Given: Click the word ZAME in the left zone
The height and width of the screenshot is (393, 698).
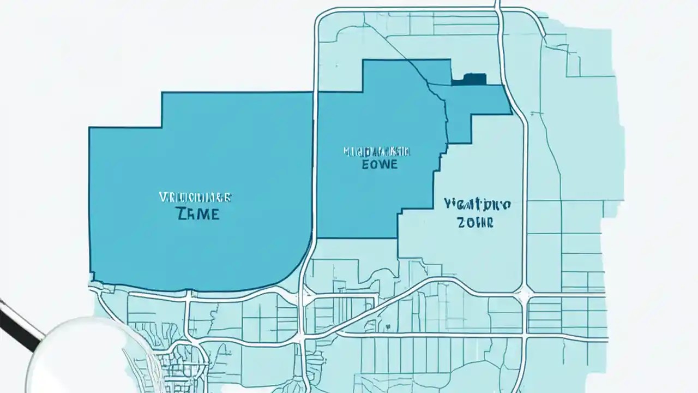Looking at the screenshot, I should pyautogui.click(x=198, y=214).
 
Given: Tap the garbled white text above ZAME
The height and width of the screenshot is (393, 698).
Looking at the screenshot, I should pyautogui.click(x=195, y=197).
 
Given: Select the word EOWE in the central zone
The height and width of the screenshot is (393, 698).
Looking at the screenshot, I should pyautogui.click(x=380, y=164).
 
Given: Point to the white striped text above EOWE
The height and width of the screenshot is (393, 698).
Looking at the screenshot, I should pyautogui.click(x=377, y=150).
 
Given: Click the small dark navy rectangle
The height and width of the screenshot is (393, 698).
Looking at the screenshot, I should pyautogui.click(x=468, y=79).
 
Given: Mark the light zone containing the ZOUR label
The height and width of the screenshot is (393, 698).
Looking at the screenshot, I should pyautogui.click(x=464, y=246).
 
